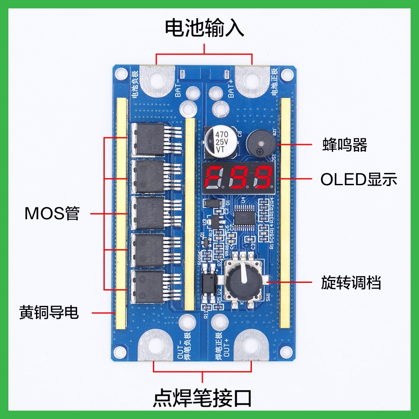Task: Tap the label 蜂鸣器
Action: (344, 145)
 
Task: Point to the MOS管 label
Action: (52, 214)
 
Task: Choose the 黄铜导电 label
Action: (49, 312)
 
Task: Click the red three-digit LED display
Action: (238, 177)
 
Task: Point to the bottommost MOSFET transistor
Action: (150, 287)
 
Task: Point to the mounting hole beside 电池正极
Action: (287, 75)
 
